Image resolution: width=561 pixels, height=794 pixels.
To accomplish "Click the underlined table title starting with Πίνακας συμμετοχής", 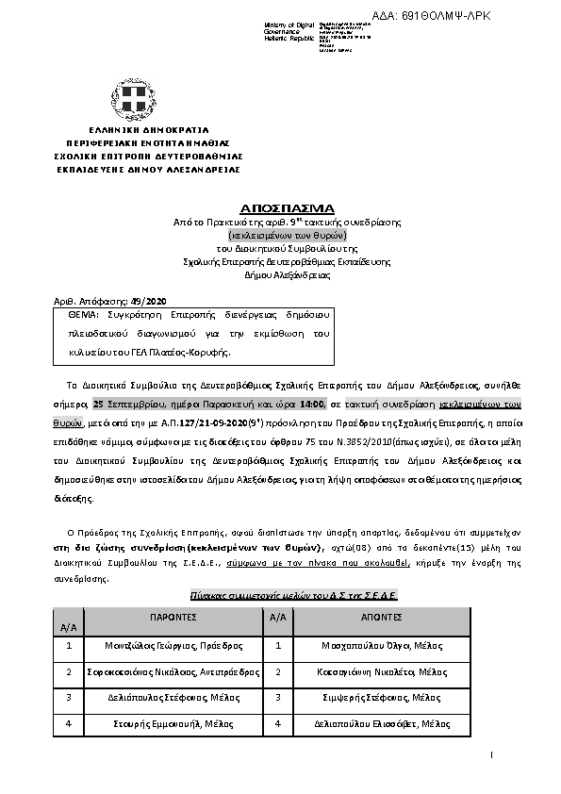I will pos(293,596).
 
